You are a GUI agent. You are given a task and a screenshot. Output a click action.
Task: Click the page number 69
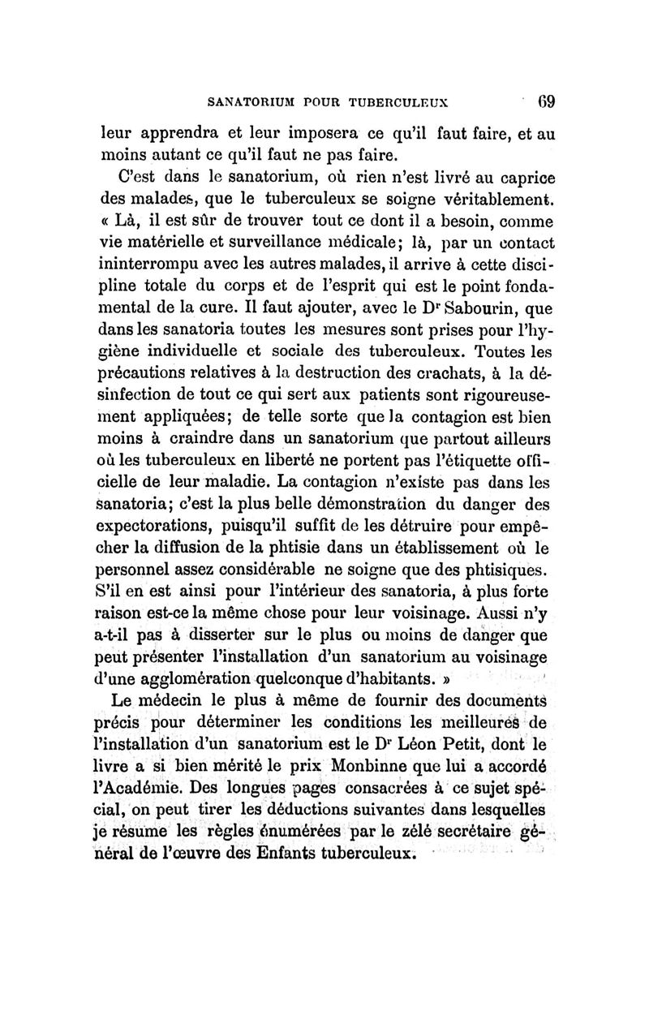click(x=543, y=103)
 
